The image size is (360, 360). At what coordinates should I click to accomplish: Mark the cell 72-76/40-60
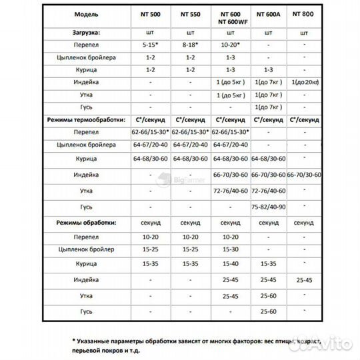[x=229, y=191]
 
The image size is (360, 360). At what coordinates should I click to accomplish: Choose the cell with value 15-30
[x=229, y=249]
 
